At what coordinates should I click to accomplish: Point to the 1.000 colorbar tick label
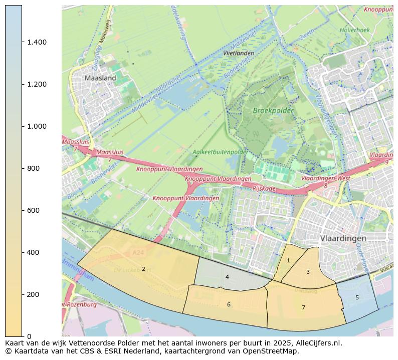click(37, 126)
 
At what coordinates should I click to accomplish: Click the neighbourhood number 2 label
click(143, 269)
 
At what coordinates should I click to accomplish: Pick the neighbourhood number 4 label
click(227, 277)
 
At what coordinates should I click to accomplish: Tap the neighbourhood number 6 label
click(229, 304)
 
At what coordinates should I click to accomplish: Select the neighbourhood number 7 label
click(303, 307)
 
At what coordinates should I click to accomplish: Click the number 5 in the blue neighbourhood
click(357, 297)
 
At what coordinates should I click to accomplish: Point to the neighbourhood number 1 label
click(288, 260)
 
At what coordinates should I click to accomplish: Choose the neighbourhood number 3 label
click(308, 272)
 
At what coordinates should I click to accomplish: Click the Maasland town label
click(100, 78)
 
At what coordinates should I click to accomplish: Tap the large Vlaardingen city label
click(343, 238)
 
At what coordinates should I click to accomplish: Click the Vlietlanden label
click(239, 53)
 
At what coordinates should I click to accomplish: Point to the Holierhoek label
click(354, 30)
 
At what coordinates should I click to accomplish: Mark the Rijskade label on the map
click(265, 188)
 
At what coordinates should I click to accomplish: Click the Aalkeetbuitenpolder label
click(220, 152)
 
